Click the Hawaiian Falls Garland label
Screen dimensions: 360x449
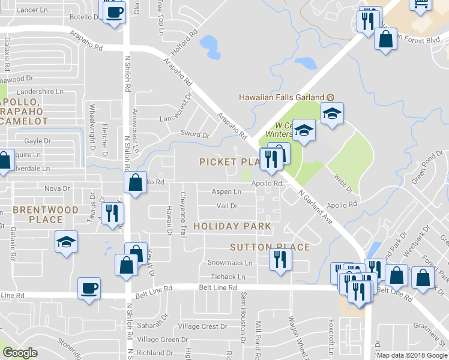(x=282, y=97)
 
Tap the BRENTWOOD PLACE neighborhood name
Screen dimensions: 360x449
(x=46, y=215)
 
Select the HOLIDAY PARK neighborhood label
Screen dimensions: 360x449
(x=232, y=226)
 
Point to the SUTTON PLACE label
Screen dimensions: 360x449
(x=270, y=247)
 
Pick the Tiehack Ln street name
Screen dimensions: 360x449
(x=228, y=277)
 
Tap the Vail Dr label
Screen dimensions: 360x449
(x=227, y=206)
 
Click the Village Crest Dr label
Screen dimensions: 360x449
(x=203, y=327)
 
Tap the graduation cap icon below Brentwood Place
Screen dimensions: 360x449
(x=66, y=242)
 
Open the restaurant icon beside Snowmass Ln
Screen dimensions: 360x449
(x=280, y=259)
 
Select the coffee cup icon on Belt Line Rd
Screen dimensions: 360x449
(x=89, y=289)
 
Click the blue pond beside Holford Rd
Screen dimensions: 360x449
(x=208, y=43)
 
